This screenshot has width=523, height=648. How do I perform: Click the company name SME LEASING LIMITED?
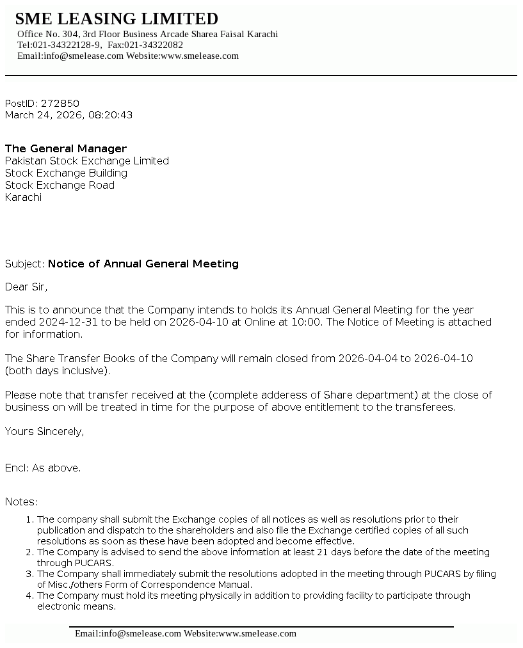click(117, 19)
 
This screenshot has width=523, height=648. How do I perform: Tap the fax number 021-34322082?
click(154, 45)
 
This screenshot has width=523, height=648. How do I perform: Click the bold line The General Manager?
click(66, 148)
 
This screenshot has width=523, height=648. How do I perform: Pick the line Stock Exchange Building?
click(66, 173)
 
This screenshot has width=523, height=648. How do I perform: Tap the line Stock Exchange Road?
click(60, 185)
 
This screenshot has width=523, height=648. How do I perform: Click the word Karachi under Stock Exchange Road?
click(23, 197)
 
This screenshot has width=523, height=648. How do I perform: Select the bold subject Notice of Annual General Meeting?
click(143, 264)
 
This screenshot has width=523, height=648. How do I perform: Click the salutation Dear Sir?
click(26, 286)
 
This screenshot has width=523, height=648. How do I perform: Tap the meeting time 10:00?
click(306, 322)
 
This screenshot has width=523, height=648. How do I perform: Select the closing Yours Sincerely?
click(44, 431)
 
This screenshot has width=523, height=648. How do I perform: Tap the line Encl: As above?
click(43, 468)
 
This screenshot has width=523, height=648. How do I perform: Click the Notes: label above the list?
click(21, 502)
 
